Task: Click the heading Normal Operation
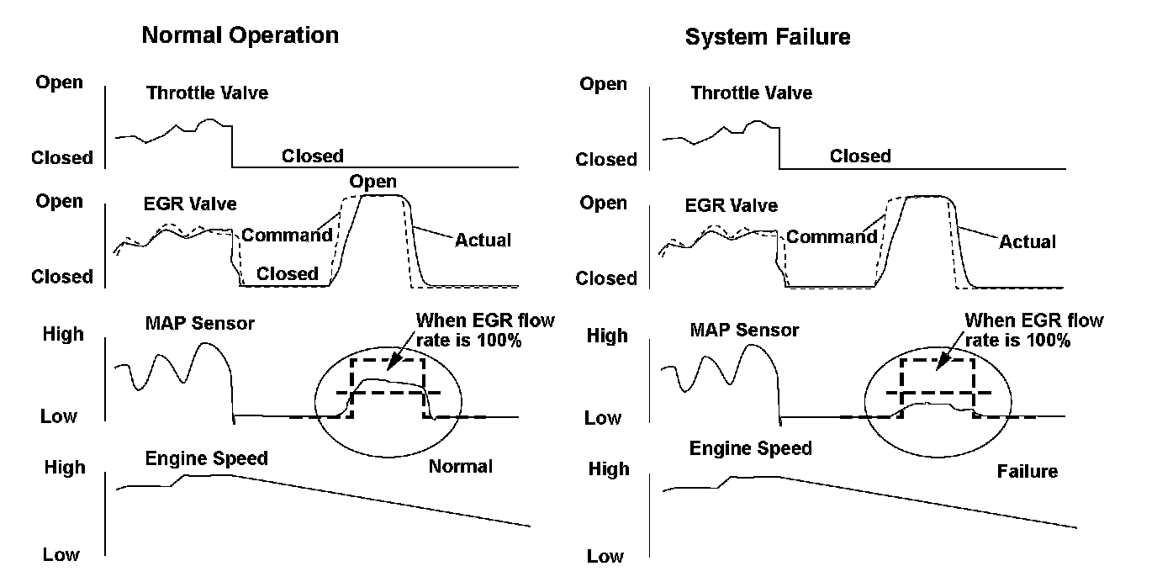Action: coord(240,35)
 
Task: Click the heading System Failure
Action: coord(767,37)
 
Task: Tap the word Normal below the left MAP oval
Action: coord(461,466)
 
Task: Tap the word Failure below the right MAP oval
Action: coord(1027,471)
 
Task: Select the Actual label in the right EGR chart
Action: coord(1028,242)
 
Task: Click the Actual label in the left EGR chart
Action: coord(483,241)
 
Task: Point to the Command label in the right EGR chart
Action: coord(831,237)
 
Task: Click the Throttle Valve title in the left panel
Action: coord(207,93)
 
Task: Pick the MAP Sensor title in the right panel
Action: coord(745,330)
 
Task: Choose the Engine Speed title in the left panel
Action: coord(206,458)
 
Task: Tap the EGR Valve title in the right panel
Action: coord(732,205)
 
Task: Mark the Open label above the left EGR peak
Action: coord(372,182)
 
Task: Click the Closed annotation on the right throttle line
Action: coord(860,156)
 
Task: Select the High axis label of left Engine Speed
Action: coord(64,468)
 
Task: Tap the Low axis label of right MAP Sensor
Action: coord(602,418)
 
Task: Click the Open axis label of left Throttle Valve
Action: coord(59,82)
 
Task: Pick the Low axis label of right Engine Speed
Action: coord(605,557)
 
